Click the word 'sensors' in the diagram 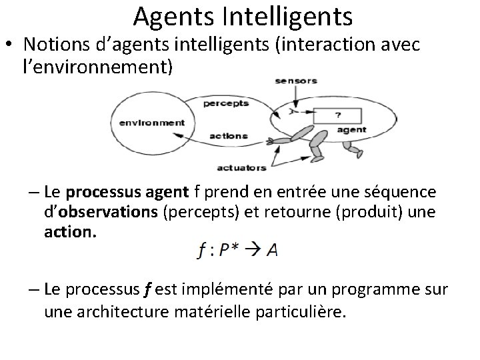[x=296, y=81]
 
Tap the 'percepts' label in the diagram [x=226, y=103]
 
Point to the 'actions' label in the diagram [x=228, y=135]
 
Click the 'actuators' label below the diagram [x=242, y=167]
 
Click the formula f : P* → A [x=238, y=250]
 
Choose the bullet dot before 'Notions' [x=9, y=46]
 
